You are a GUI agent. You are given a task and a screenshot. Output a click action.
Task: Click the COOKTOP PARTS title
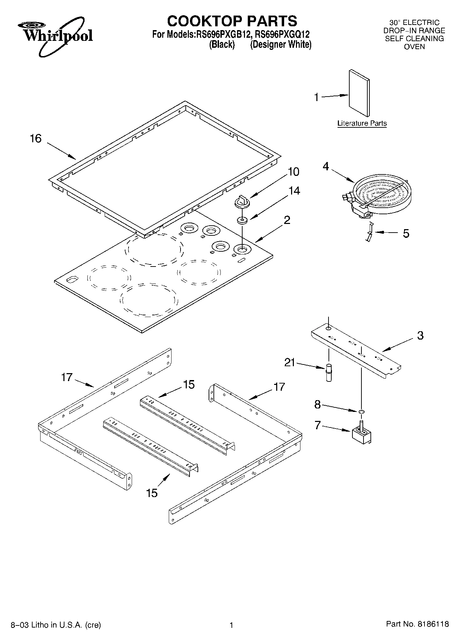(232, 21)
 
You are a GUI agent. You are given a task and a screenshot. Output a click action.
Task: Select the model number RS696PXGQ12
(282, 35)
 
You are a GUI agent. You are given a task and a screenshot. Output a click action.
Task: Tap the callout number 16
(36, 139)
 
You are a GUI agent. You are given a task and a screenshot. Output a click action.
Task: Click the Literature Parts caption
(362, 123)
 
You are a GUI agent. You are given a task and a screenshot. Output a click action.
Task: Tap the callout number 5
(406, 233)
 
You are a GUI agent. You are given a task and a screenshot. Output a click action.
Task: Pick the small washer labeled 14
(242, 220)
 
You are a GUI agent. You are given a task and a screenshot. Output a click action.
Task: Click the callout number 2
(287, 220)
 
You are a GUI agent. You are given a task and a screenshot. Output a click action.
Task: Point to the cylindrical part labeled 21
(329, 372)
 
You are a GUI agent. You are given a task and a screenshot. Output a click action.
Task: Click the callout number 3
(420, 335)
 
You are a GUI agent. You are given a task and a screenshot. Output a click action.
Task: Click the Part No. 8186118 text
(417, 624)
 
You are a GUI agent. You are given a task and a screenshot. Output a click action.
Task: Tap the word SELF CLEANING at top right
(414, 38)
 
